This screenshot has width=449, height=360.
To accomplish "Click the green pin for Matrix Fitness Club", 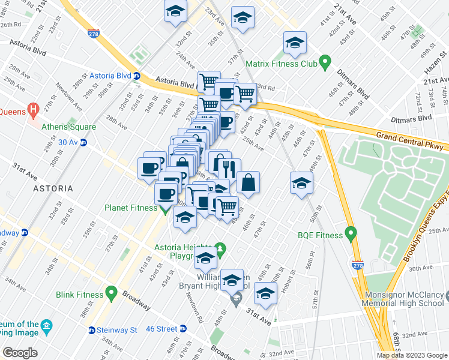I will tap(325, 62).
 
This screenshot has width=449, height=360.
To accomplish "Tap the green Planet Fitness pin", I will tap(166, 208).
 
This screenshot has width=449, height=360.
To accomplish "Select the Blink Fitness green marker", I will tap(111, 293).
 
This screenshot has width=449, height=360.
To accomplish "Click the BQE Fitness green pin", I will tap(352, 235).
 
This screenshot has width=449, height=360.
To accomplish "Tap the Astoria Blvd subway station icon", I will tap(137, 76).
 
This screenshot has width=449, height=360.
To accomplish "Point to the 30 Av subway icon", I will tap(83, 142).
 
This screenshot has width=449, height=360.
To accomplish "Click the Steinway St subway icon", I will tap(92, 329).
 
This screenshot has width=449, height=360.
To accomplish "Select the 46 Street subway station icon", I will tap(184, 328).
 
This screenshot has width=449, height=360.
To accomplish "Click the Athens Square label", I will tap(68, 127).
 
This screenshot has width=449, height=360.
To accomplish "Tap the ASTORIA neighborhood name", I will tap(36, 188).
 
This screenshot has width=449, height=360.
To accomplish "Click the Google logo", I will tap(20, 353).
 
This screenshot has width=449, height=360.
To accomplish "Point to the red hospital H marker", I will tap(34, 110).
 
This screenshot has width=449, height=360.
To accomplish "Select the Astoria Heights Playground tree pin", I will tap(220, 248).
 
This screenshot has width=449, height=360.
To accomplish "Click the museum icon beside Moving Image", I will tap(46, 327).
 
